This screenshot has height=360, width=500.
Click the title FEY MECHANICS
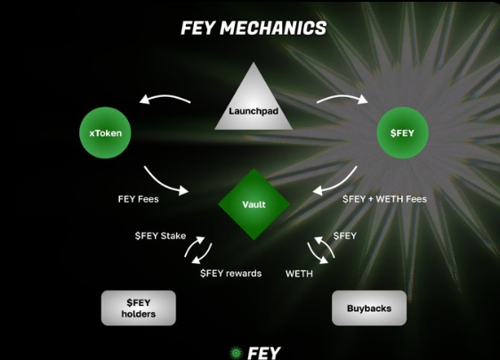[253, 28]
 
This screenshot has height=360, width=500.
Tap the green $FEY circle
[407, 133]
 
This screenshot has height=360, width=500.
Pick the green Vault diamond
[254, 204]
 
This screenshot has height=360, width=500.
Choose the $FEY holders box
[138, 308]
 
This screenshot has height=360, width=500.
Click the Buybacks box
[368, 308]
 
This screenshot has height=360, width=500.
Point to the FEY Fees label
[138, 199]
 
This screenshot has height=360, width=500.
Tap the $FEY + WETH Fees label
[383, 199]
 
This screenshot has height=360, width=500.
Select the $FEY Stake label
[160, 236]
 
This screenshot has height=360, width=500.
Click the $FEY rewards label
[230, 273]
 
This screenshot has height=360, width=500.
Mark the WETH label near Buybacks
[299, 273]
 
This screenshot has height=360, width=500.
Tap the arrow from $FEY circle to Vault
[335, 180]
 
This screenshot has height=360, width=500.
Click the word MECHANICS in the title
[282, 28]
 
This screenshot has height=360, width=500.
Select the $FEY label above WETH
[344, 236]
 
